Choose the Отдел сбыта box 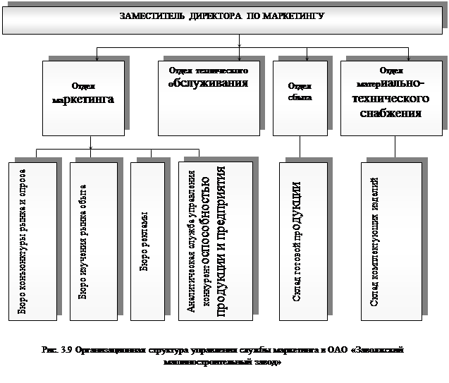coord(300,98)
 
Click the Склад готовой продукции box coord(302,241)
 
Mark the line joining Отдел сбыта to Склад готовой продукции coord(301,147)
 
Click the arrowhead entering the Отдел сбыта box coord(300,59)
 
